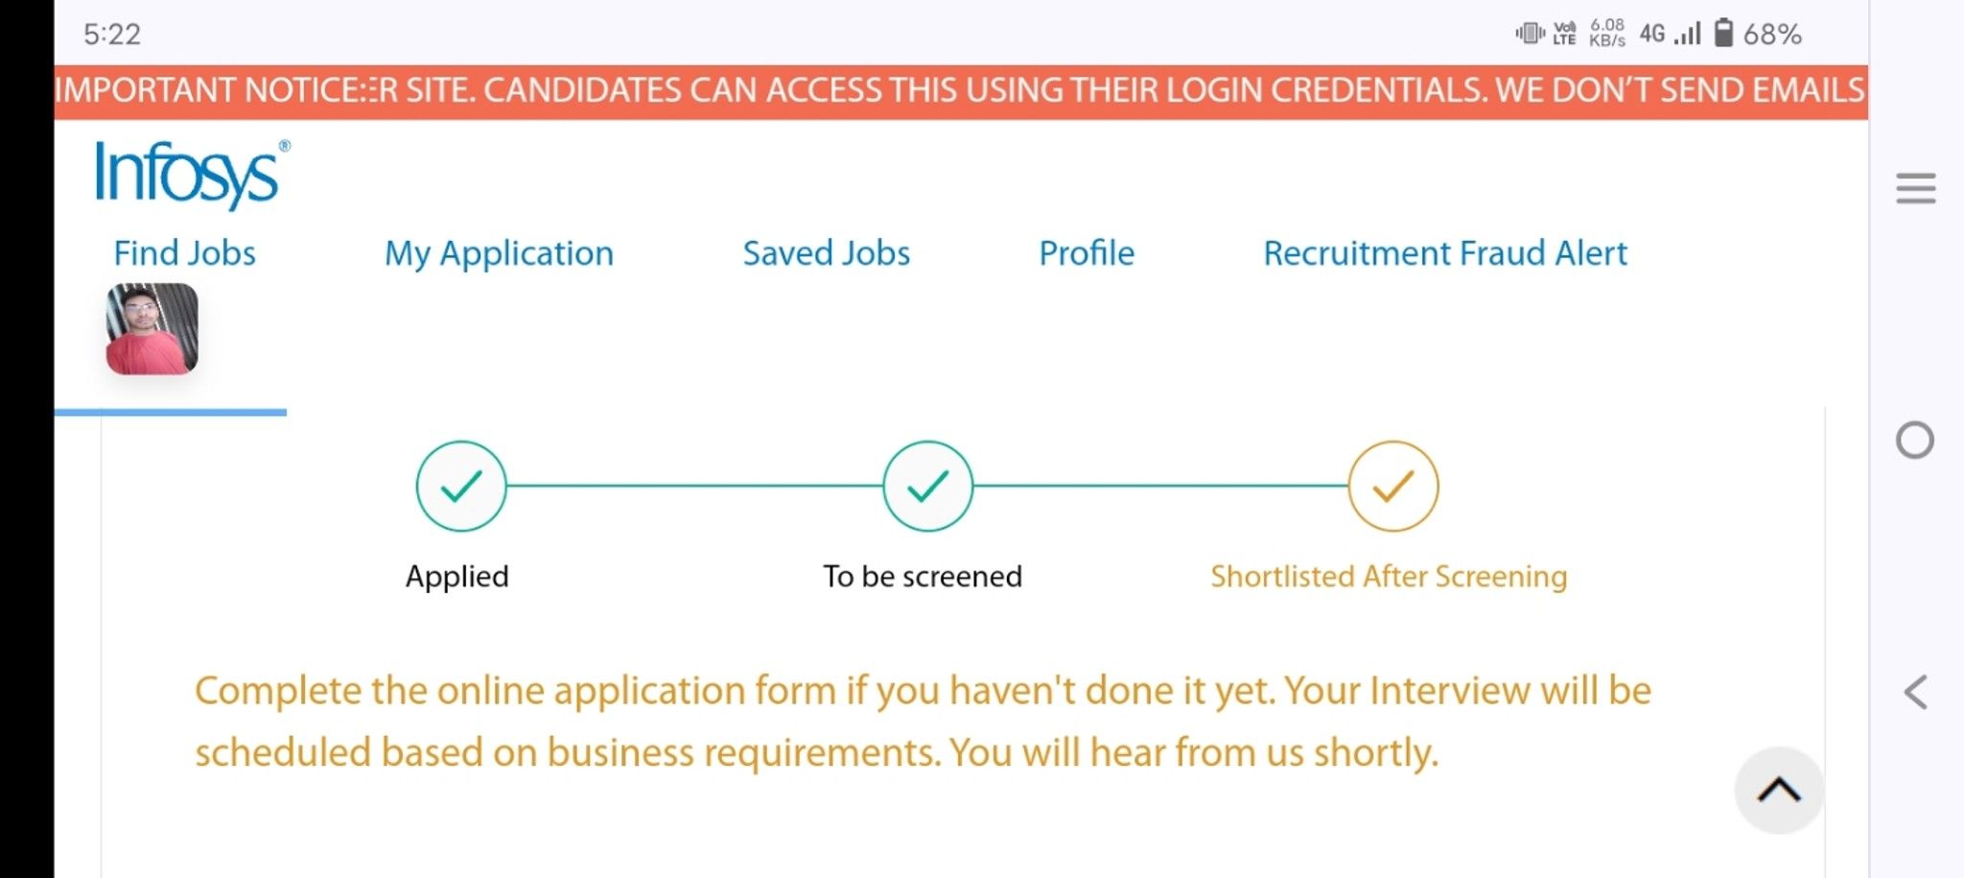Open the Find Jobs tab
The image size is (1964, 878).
point(185,253)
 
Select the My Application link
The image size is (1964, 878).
point(499,254)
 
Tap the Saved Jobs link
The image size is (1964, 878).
point(827,253)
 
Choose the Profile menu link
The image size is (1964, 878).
point(1087,253)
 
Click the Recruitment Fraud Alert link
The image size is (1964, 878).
point(1445,253)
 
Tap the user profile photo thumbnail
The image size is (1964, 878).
point(152,328)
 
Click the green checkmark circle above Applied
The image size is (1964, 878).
point(461,486)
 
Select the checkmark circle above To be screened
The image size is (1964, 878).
point(927,486)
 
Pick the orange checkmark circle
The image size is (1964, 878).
point(1393,486)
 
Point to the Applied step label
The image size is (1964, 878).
point(457,577)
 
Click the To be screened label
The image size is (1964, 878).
point(923,577)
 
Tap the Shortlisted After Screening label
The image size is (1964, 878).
point(1389,577)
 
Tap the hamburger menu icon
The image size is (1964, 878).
point(1916,188)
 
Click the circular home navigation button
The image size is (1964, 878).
point(1915,440)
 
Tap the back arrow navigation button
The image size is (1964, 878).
point(1916,692)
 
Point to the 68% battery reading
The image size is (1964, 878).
point(1772,35)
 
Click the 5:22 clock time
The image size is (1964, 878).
point(112,35)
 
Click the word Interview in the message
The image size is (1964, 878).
point(1450,691)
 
